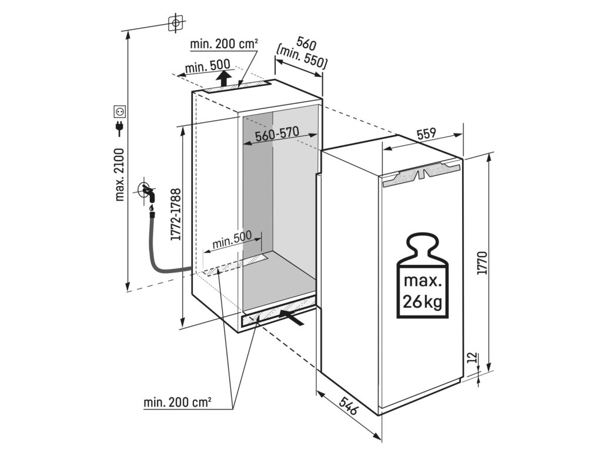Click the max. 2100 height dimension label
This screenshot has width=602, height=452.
click(120, 175)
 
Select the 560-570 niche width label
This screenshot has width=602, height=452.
click(278, 137)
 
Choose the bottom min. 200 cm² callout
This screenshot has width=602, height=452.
click(178, 403)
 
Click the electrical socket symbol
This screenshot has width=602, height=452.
click(119, 110)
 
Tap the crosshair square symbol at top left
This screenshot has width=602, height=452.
click(175, 23)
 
